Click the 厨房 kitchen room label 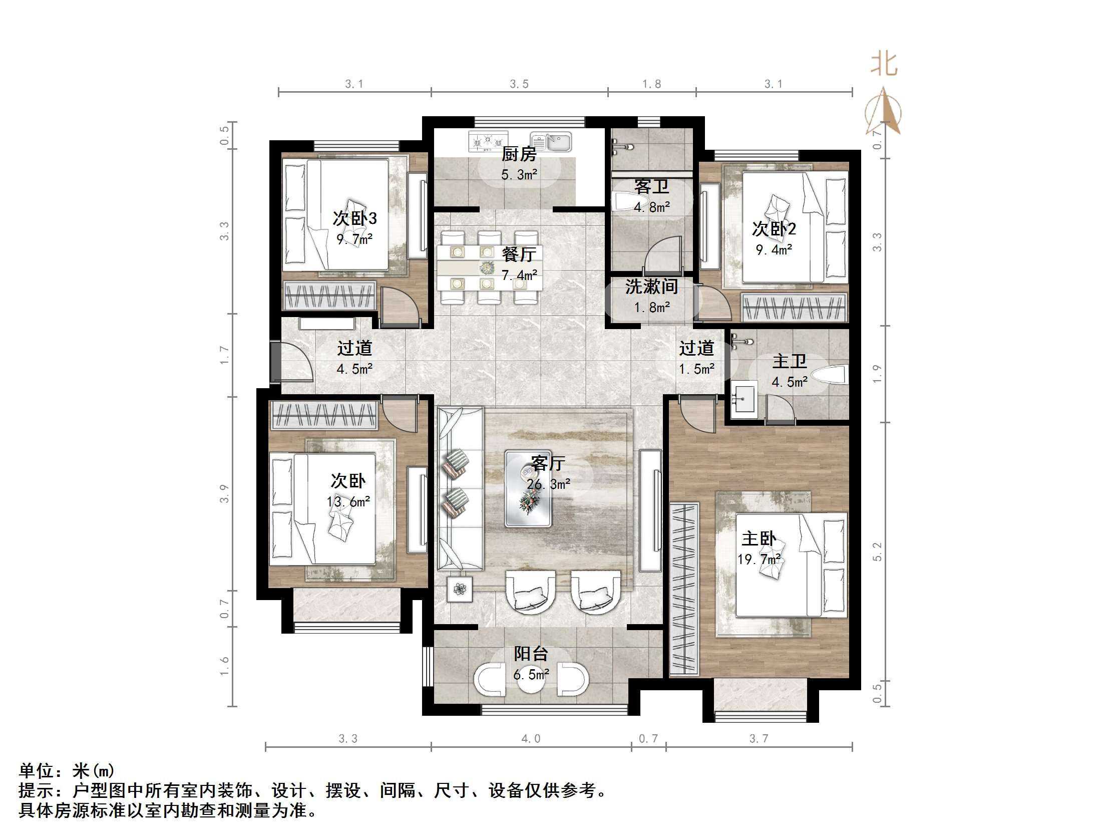(519, 154)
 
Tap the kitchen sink (550, 142)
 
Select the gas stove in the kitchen (488, 141)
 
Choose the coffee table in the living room (528, 489)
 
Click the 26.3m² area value (548, 484)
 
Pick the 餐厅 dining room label (519, 254)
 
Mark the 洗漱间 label (651, 287)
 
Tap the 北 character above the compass (884, 64)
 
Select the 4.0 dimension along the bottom (531, 739)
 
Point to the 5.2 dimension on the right (877, 551)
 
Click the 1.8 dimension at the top (651, 84)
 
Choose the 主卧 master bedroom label (759, 538)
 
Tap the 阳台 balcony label (531, 654)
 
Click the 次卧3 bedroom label (354, 218)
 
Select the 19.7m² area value (759, 560)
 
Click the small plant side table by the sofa (460, 589)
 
